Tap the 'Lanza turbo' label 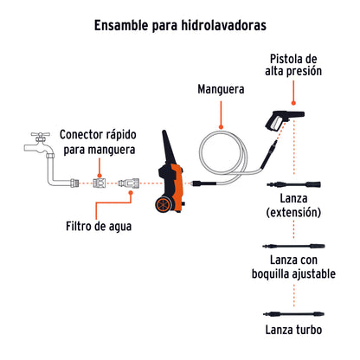click(x=294, y=329)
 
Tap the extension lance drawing click(x=294, y=184)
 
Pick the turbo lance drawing click(x=294, y=309)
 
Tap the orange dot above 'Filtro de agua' click(x=131, y=196)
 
